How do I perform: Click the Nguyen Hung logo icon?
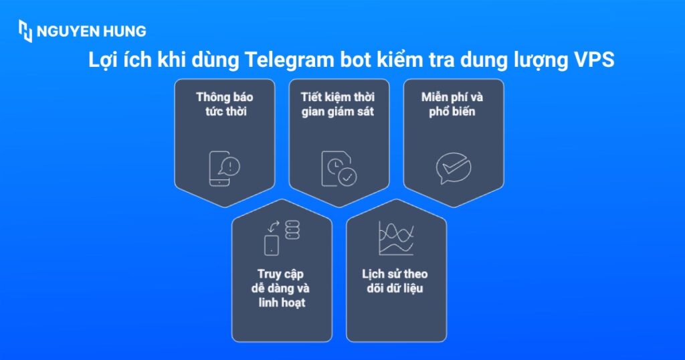point(25,31)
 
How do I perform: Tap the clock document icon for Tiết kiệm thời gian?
point(339,167)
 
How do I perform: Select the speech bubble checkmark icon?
point(454,168)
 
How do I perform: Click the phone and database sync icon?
point(282,238)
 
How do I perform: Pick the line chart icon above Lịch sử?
point(396,238)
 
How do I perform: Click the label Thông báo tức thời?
point(224,104)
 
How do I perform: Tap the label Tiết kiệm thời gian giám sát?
point(338,104)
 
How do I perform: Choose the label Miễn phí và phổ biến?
point(452,104)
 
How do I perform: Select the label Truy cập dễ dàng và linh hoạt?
point(282,288)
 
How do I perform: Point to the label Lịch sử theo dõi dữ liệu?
point(395,281)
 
